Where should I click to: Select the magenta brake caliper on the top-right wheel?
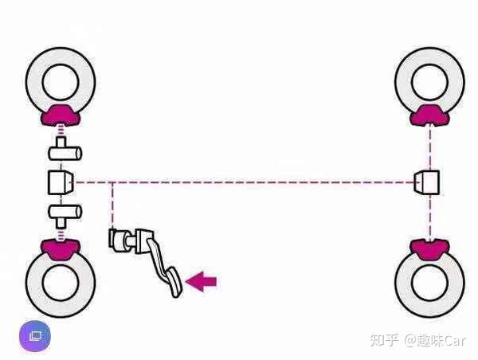(x=430, y=115)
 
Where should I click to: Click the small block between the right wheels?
(x=429, y=182)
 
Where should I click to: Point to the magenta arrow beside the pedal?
(x=201, y=280)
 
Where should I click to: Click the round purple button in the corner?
(x=34, y=337)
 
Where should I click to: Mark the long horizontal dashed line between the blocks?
(x=255, y=182)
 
